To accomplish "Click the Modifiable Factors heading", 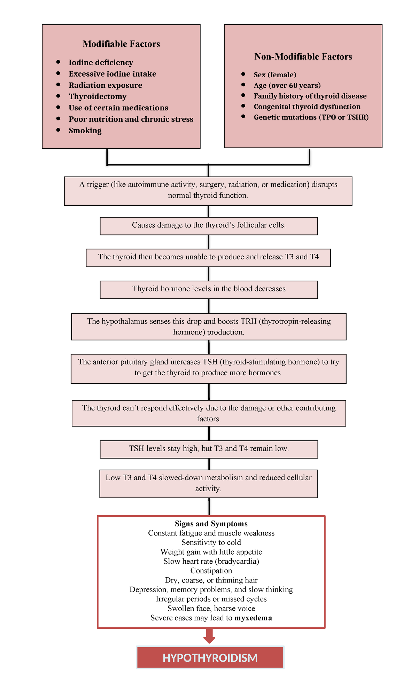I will pyautogui.click(x=121, y=44).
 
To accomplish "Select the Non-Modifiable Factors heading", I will pyautogui.click(x=303, y=56).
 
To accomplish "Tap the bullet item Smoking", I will pyautogui.click(x=85, y=131).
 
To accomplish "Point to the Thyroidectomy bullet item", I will pyautogui.click(x=98, y=96).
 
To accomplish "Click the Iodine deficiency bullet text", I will pyautogui.click(x=101, y=63).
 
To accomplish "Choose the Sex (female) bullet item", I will pyautogui.click(x=275, y=75).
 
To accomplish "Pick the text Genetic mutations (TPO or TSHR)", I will pyautogui.click(x=311, y=117).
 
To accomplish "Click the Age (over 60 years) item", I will pyautogui.click(x=287, y=85).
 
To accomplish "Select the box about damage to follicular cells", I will pyautogui.click(x=209, y=226).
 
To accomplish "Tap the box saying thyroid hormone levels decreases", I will pyautogui.click(x=209, y=289).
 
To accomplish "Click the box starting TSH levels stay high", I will pyautogui.click(x=209, y=449).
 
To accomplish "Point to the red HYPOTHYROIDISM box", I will pyautogui.click(x=210, y=658).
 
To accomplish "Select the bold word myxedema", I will pyautogui.click(x=253, y=618).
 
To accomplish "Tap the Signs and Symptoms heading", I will pyautogui.click(x=211, y=524).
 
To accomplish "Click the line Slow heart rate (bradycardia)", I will pyautogui.click(x=211, y=561).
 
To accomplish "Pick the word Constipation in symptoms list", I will pyautogui.click(x=211, y=571).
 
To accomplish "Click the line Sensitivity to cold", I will pyautogui.click(x=211, y=542).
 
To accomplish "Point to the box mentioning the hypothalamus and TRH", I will pyautogui.click(x=209, y=327).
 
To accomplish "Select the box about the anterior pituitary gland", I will pyautogui.click(x=209, y=368).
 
